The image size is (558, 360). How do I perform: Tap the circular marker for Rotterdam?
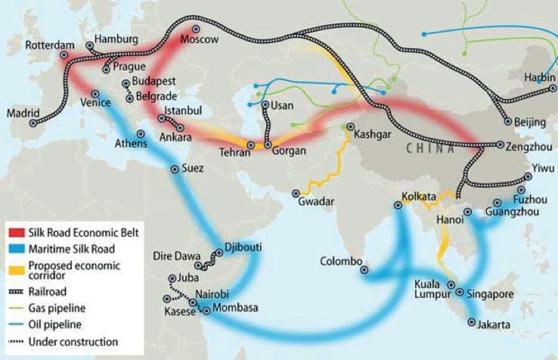click(x=64, y=54)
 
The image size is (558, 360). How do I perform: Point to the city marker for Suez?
click(x=175, y=170)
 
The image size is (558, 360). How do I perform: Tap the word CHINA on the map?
click(x=429, y=149)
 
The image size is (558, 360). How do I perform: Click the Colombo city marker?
click(x=364, y=268)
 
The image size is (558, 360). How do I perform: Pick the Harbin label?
click(x=541, y=77)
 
